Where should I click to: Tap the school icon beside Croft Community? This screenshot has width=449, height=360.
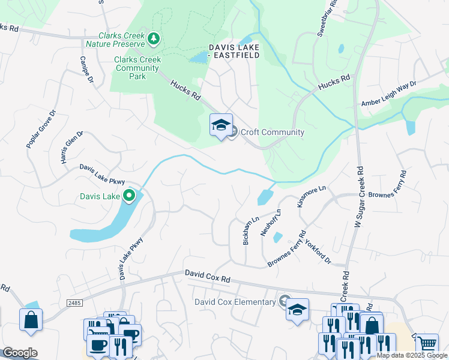(221, 126)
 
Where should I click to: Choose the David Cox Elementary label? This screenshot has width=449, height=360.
(235, 302)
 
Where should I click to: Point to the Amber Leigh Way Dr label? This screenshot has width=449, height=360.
(388, 94)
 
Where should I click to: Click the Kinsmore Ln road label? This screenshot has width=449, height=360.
(312, 196)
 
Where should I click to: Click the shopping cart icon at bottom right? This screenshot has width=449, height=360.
(427, 344)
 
